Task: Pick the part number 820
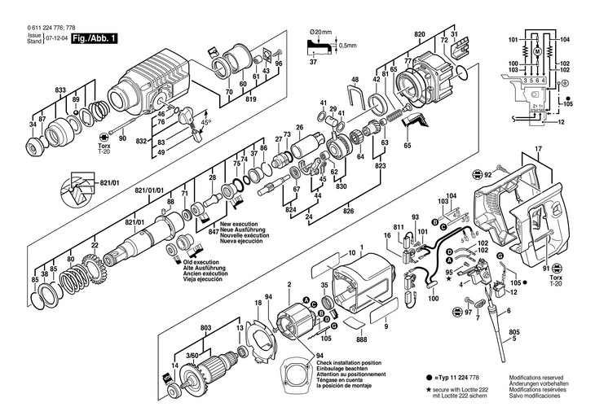click(x=419, y=33)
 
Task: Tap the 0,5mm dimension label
click(x=350, y=45)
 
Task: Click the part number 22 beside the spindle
click(x=95, y=245)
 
